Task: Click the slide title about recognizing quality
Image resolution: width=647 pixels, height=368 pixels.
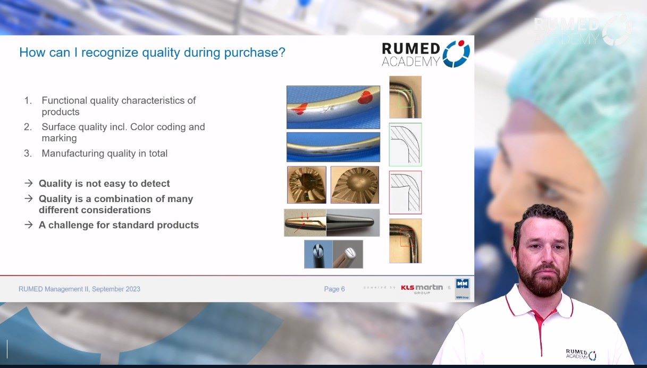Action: (x=152, y=53)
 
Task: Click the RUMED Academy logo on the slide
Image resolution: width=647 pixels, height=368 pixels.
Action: (x=426, y=54)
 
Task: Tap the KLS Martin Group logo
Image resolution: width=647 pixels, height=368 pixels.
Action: (x=422, y=289)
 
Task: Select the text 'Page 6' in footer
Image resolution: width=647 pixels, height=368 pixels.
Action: (x=334, y=289)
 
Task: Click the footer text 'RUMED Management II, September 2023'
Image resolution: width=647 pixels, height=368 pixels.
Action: (x=79, y=289)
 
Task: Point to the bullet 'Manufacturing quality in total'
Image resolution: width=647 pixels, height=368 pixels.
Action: (x=104, y=153)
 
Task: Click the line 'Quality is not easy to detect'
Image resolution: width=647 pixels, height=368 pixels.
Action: (x=104, y=183)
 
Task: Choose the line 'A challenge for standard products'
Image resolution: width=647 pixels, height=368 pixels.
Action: (x=119, y=225)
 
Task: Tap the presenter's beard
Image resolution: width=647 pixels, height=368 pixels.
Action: (x=542, y=279)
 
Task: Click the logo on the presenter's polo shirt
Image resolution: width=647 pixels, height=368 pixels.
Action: (x=581, y=354)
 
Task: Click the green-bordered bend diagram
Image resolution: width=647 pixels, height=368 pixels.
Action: (x=405, y=145)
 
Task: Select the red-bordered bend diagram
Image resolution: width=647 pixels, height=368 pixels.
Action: (x=405, y=192)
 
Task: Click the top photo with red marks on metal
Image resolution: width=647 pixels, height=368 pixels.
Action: (x=333, y=107)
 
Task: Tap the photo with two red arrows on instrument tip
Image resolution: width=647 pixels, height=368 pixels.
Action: (x=305, y=223)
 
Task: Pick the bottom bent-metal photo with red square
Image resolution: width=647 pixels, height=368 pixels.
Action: (x=405, y=240)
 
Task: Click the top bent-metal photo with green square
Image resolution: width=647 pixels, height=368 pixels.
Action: (x=405, y=97)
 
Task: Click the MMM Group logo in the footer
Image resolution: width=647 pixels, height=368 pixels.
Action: (x=462, y=289)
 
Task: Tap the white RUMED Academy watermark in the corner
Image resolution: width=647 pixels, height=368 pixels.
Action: (x=582, y=31)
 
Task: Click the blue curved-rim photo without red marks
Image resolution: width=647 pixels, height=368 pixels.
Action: (x=333, y=147)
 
